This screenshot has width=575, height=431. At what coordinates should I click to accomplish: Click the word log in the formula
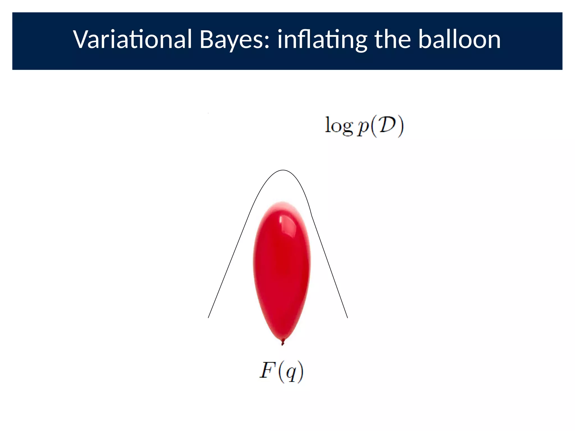pyautogui.click(x=339, y=126)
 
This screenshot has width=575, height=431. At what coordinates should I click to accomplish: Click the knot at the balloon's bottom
pyautogui.click(x=283, y=342)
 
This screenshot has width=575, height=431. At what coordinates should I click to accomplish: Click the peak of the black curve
pyautogui.click(x=283, y=170)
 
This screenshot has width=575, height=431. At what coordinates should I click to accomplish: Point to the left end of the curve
pyautogui.click(x=208, y=318)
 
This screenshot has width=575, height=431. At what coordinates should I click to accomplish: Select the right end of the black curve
pyautogui.click(x=348, y=318)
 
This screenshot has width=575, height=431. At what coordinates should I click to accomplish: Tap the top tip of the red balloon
pyautogui.click(x=282, y=202)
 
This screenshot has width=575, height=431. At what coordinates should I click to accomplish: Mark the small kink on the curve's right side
pyautogui.click(x=312, y=216)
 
